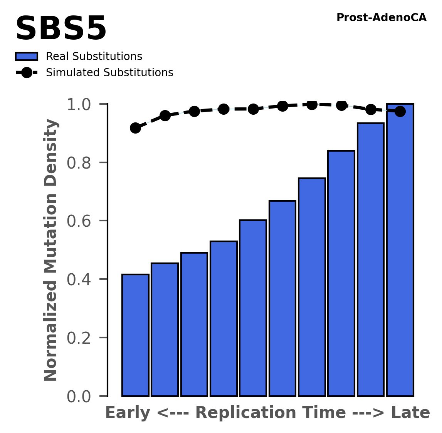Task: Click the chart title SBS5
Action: (x=61, y=29)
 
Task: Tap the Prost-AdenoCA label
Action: (x=381, y=18)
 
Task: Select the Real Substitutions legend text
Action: (x=94, y=57)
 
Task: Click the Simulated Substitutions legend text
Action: (x=109, y=73)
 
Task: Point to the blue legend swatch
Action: (x=27, y=57)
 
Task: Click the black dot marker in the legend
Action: (x=27, y=73)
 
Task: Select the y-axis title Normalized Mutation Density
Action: (x=51, y=250)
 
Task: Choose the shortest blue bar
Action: (x=135, y=335)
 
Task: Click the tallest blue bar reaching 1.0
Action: (x=400, y=250)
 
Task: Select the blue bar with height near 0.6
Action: (x=253, y=308)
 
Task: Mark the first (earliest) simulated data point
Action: (x=135, y=128)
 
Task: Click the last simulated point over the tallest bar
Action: (x=400, y=111)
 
